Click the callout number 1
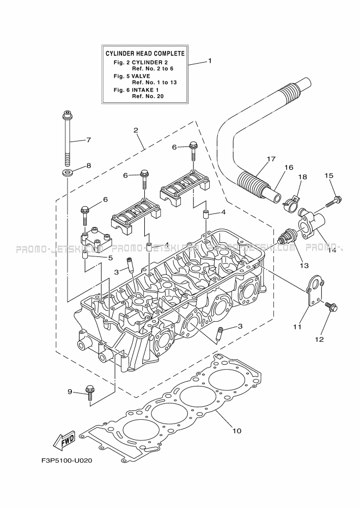pyautogui.click(x=210, y=61)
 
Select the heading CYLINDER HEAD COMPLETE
pyautogui.click(x=145, y=53)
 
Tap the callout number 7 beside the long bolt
pyautogui.click(x=88, y=140)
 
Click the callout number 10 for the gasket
pyautogui.click(x=236, y=431)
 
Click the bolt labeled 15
pyautogui.click(x=333, y=201)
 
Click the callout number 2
pyautogui.click(x=136, y=130)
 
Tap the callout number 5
pyautogui.click(x=110, y=257)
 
